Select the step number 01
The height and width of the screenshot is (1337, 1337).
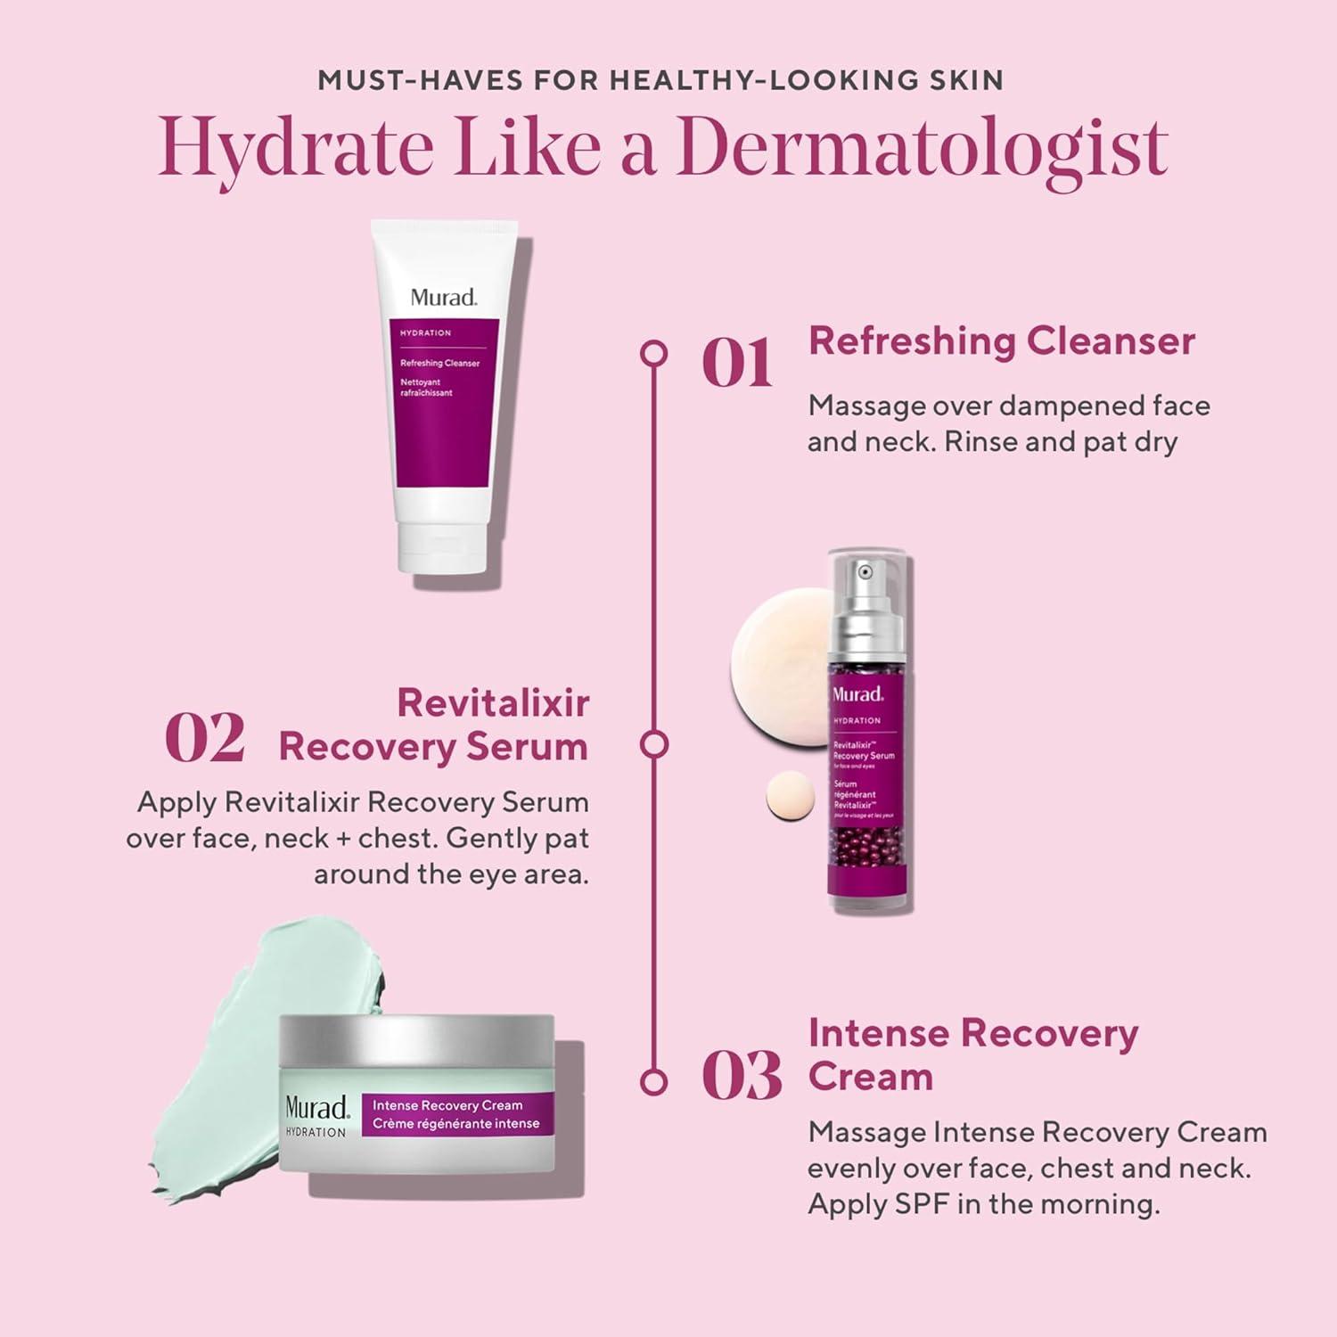[x=736, y=364]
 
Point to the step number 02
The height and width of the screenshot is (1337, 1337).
[x=204, y=739]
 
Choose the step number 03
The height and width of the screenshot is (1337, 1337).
[x=741, y=1077]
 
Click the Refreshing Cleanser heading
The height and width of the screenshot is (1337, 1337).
[x=1001, y=341]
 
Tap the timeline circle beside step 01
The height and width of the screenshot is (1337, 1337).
[x=654, y=353]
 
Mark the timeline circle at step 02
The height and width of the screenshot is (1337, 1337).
[x=654, y=744]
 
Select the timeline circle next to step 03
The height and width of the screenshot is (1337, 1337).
[x=654, y=1081]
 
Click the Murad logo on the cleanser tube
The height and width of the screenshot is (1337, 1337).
[x=443, y=298]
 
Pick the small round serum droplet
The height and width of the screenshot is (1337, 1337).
[x=791, y=795]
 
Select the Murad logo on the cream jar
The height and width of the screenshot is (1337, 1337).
[x=316, y=1108]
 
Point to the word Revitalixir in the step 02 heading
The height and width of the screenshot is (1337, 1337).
[x=493, y=702]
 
